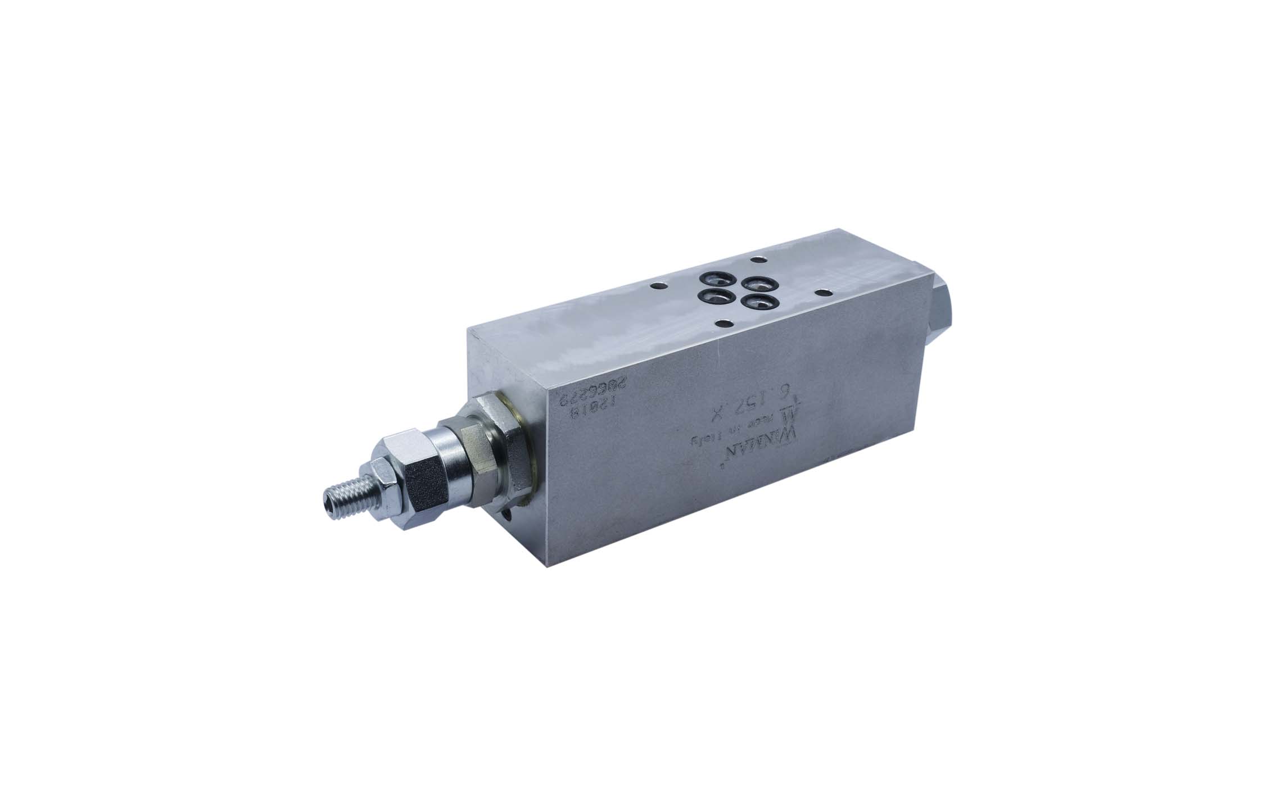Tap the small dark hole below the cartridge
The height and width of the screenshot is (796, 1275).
click(510, 516)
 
